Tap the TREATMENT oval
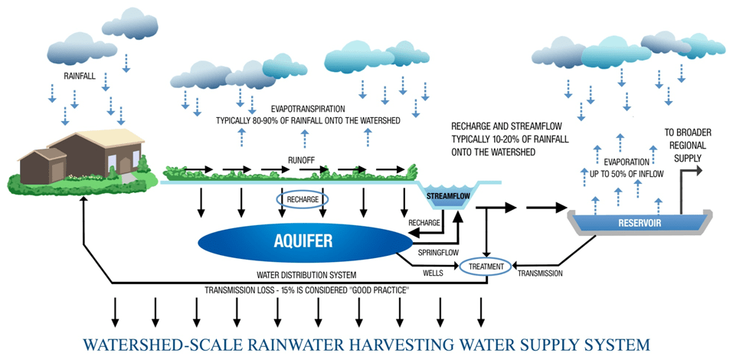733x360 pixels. [485, 266]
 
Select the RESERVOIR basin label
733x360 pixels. [630, 223]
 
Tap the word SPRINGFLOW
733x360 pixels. [438, 251]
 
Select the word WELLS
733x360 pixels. [433, 270]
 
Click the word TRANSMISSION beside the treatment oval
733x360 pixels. [540, 273]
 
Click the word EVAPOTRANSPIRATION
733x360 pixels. [318, 110]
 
